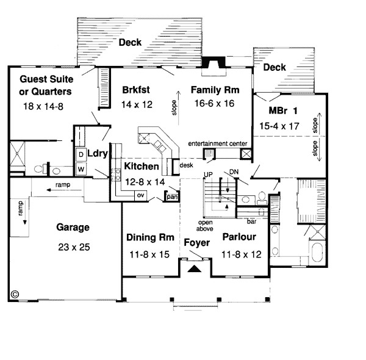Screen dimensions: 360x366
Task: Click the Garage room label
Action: [x=73, y=227]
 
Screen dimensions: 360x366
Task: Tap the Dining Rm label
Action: [x=151, y=237]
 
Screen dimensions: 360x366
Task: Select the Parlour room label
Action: [x=239, y=237]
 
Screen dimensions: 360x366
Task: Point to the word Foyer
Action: [x=197, y=243]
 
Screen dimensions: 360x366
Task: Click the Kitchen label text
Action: [x=142, y=166]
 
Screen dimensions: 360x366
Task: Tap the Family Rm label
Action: [x=215, y=90]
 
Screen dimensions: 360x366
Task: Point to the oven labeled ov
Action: [x=139, y=195]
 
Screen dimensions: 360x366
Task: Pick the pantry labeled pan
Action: [x=172, y=196]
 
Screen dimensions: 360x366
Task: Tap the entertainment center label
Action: [x=217, y=143]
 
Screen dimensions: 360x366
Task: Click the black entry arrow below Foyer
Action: [x=195, y=267]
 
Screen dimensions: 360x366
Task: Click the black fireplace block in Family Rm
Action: [x=213, y=63]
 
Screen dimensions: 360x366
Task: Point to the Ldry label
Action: [x=98, y=153]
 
